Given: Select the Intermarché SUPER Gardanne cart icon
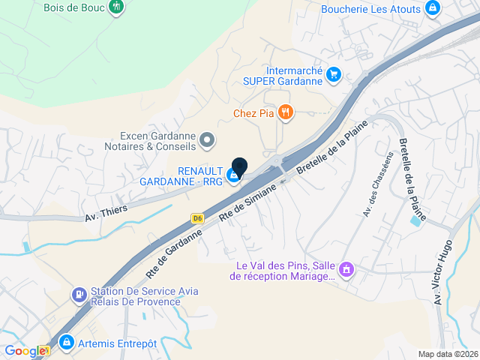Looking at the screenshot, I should coord(334,74).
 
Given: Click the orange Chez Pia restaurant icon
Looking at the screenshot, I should coord(286,113).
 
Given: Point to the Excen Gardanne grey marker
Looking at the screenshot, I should coord(208,139).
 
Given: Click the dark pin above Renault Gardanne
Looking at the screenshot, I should coord(239,168).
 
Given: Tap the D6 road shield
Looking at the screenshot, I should coord(197,218).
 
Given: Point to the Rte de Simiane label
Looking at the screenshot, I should coord(247,202).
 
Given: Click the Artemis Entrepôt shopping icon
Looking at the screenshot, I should coord(66,343).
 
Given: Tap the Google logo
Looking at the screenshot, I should coord(25,350).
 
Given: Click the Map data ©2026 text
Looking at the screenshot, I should coord(447,354).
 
